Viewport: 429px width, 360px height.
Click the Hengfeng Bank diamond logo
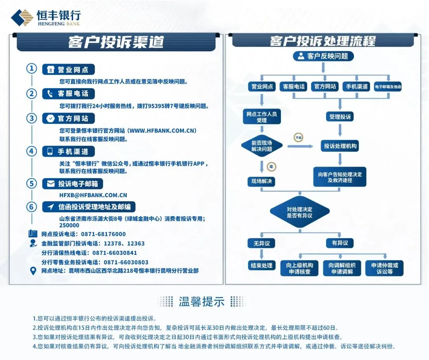coord(22,17)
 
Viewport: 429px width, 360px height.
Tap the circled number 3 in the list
coord(31,118)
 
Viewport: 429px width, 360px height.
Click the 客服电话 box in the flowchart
coord(294,87)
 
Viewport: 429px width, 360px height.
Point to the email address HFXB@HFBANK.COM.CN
coord(93,195)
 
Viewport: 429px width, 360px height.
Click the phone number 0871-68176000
coord(103,234)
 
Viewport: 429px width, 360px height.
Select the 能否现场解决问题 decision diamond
coord(262,146)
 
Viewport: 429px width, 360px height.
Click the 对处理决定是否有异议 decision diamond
coord(300,212)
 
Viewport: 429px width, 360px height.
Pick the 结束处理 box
coord(261,266)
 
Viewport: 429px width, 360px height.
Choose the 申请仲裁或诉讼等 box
coord(384,268)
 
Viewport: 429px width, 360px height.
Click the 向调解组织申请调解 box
coord(342,268)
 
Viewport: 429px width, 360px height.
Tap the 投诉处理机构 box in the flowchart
coord(340,146)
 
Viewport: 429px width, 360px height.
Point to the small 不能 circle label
coord(298,138)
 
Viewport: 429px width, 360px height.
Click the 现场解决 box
coord(261,181)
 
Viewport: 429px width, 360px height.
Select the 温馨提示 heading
coord(202,301)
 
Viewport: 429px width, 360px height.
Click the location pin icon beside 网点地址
coord(33,271)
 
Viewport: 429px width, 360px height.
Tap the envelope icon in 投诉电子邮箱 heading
coord(50,184)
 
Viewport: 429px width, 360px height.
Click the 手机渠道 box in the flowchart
coord(356,87)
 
